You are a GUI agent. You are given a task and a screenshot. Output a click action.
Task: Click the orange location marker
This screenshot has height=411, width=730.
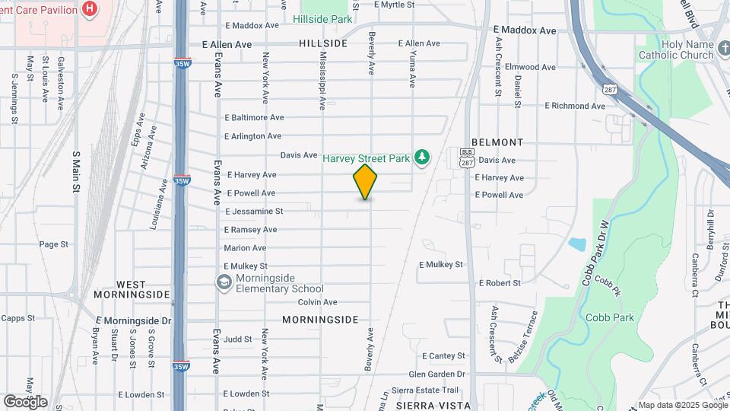366,182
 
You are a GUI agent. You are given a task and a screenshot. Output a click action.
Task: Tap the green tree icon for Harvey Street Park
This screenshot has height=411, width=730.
422,158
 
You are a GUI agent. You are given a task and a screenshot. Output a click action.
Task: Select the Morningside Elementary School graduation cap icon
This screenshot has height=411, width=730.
224,282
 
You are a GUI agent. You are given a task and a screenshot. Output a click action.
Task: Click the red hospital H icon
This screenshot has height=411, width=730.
90,9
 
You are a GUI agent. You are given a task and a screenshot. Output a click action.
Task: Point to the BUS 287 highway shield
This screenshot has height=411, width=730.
466,159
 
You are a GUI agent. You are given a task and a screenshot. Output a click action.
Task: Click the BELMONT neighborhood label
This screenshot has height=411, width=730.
497,142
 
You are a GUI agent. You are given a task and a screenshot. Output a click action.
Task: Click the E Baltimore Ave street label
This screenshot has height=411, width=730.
254,117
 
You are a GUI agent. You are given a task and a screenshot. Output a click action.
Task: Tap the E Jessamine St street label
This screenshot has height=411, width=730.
254,211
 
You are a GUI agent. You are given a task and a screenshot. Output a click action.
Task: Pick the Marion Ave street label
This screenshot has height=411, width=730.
245,248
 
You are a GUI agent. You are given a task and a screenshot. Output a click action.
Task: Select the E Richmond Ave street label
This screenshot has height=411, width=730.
574,106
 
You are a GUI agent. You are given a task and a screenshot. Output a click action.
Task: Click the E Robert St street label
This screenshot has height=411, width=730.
500,282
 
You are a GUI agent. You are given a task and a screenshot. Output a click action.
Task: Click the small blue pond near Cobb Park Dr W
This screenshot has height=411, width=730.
576,244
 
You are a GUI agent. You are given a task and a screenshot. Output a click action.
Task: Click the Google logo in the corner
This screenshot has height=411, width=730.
25,401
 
